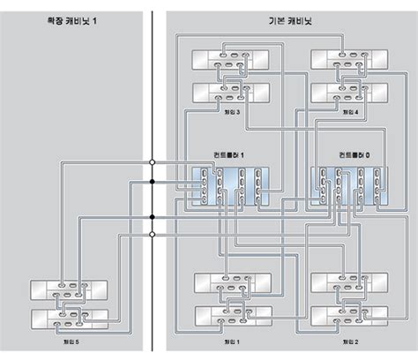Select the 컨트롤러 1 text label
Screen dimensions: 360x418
[x=228, y=154]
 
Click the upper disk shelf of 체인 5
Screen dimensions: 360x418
[x=68, y=290]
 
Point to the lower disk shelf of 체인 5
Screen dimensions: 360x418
[x=68, y=319]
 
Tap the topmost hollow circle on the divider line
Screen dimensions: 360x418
[x=153, y=163]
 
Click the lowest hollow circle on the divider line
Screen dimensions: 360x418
[x=153, y=234]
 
